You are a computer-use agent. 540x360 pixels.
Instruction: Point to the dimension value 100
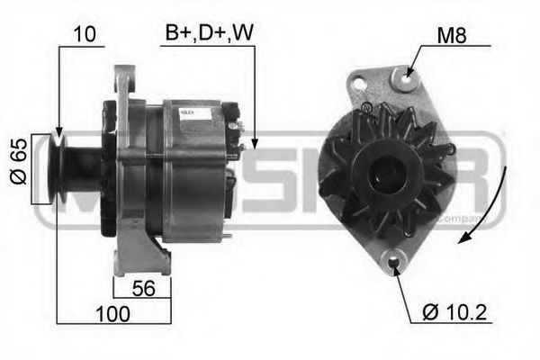pos(112,313)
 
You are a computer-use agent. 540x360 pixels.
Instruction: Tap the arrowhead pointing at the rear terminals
pos(253,142)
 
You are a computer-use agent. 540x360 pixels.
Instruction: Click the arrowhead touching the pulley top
pos(58,132)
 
